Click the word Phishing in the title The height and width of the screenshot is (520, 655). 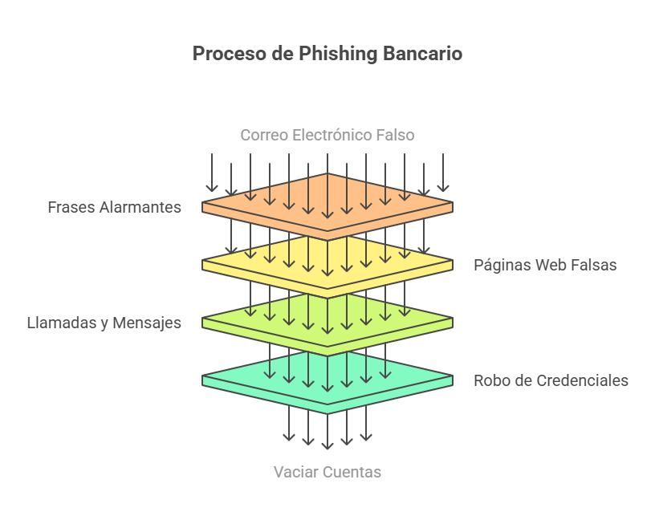point(338,54)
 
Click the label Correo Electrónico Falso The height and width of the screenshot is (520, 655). point(327,135)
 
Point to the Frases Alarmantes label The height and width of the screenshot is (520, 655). point(114,207)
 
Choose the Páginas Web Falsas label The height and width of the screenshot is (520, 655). point(545,265)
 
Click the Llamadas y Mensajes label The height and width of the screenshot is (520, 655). point(104,323)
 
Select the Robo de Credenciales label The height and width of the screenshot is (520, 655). point(551,380)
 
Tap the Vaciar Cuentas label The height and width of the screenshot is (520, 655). point(327,472)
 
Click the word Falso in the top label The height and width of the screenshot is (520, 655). point(396,135)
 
